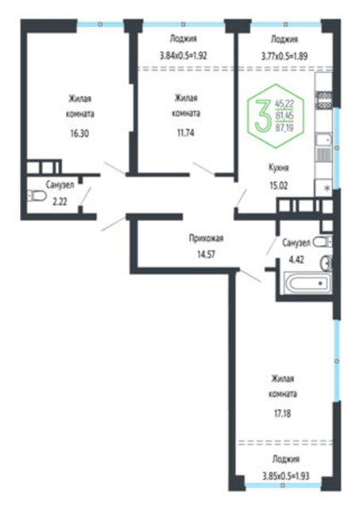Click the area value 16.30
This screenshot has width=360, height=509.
(x=79, y=134)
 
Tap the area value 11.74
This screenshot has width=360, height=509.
(x=186, y=133)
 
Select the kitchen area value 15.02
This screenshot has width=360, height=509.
(x=279, y=185)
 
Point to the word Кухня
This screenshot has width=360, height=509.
(x=279, y=168)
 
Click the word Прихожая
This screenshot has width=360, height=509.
(x=207, y=239)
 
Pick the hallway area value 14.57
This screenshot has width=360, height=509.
(x=207, y=254)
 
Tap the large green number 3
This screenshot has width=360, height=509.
(x=262, y=116)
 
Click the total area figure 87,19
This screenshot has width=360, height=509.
(x=285, y=127)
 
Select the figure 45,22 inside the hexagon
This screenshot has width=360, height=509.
(x=285, y=104)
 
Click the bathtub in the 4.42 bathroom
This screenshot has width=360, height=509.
(x=308, y=283)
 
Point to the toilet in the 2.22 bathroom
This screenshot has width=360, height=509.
(x=37, y=196)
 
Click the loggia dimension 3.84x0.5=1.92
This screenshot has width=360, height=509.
(x=184, y=56)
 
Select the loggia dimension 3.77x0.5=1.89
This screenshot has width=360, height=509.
(x=285, y=56)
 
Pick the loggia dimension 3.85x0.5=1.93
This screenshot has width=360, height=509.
(x=286, y=476)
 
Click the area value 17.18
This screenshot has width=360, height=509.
(x=282, y=414)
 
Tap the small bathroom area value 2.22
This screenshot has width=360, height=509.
(x=60, y=201)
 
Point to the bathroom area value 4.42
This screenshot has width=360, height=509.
(x=296, y=260)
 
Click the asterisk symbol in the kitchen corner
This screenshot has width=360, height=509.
(x=328, y=188)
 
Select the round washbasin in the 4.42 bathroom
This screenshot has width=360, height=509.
(x=327, y=262)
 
